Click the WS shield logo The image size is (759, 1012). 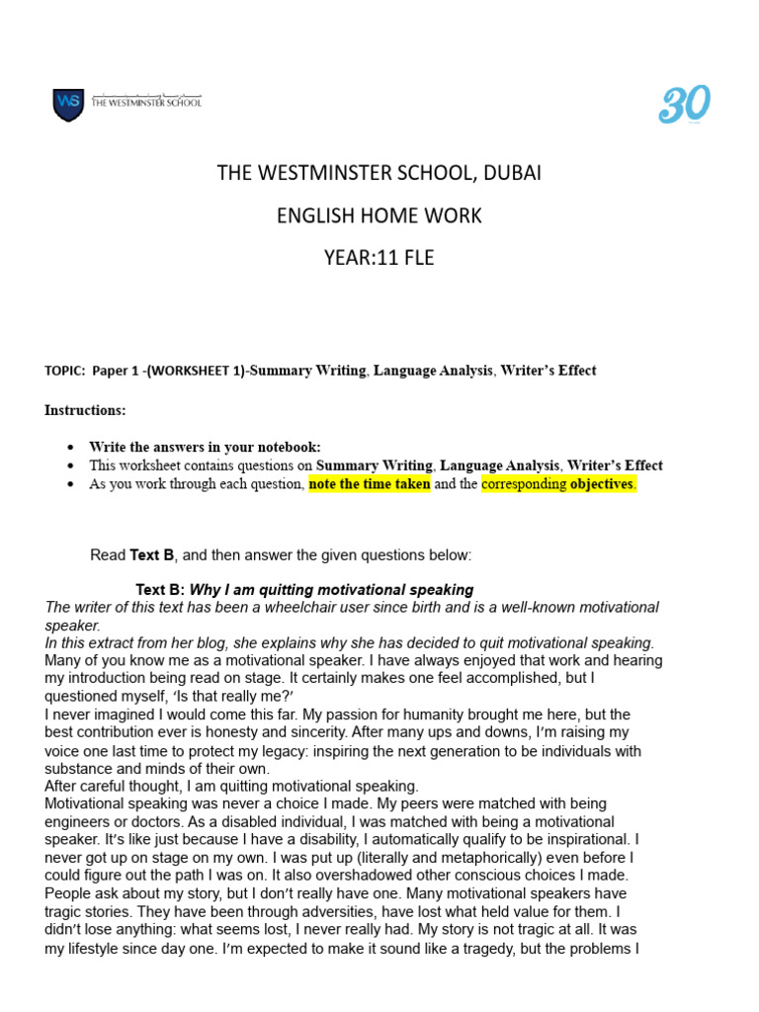click(68, 104)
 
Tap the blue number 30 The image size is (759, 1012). click(684, 105)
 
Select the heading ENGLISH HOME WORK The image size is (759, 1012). click(379, 215)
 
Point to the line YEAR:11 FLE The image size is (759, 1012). click(379, 258)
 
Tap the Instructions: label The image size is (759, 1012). click(85, 410)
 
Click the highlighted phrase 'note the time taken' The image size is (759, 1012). click(370, 484)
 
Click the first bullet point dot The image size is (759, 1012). click(71, 448)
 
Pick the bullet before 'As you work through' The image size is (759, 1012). click(71, 485)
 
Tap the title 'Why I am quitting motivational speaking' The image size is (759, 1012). click(331, 590)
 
